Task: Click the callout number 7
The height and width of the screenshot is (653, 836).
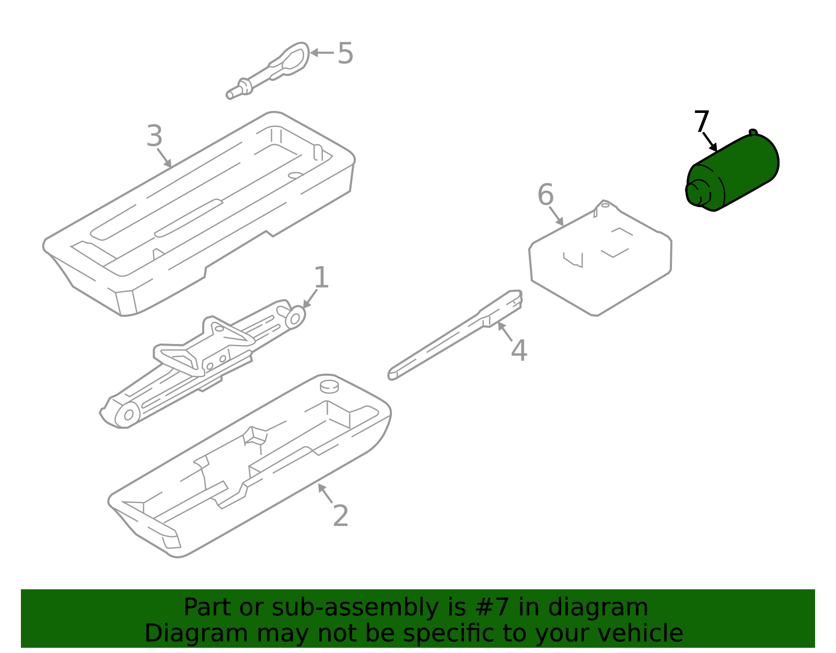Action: (701, 121)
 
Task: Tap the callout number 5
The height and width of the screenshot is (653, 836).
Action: (345, 53)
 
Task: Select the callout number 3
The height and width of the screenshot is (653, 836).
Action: (155, 135)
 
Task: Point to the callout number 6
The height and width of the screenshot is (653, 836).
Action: (545, 194)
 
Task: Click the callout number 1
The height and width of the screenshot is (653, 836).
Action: (322, 277)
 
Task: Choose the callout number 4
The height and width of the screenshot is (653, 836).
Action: (519, 351)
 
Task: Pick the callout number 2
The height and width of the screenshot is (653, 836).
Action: (341, 516)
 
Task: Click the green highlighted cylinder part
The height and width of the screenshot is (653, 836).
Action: (732, 171)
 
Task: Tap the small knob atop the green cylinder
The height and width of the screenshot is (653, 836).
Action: (753, 133)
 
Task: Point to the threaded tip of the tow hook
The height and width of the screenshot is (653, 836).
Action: (230, 95)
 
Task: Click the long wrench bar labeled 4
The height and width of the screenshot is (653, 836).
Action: (455, 335)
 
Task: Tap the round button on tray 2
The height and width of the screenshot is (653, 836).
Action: (329, 386)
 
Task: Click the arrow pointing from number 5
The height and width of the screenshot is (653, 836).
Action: (322, 53)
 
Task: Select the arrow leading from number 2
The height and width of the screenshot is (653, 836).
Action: (325, 494)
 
